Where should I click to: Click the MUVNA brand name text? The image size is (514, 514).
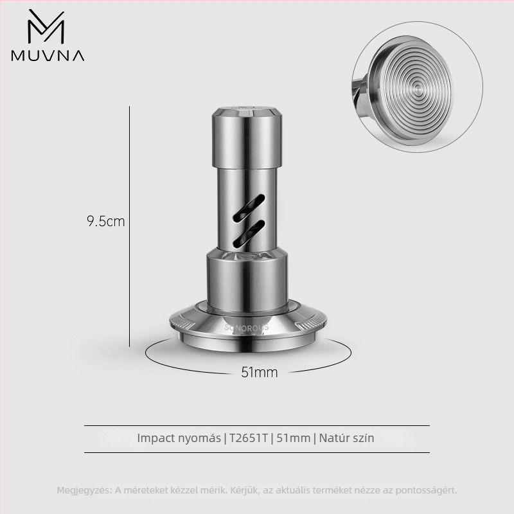(48, 55)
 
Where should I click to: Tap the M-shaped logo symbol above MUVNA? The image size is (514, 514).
(46, 26)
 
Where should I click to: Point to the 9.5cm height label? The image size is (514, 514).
(106, 221)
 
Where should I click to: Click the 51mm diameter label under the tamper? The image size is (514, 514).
(260, 372)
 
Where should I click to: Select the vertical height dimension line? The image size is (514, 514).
(130, 226)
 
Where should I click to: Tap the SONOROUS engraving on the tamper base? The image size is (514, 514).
(247, 327)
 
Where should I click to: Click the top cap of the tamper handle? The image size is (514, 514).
(247, 111)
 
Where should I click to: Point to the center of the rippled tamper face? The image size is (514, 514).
(417, 87)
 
